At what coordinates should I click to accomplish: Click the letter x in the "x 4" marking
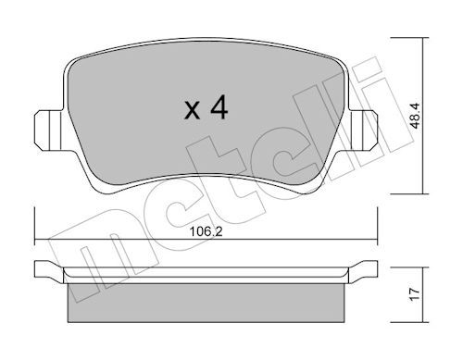tap(192, 113)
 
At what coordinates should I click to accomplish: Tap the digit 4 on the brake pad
tap(219, 108)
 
